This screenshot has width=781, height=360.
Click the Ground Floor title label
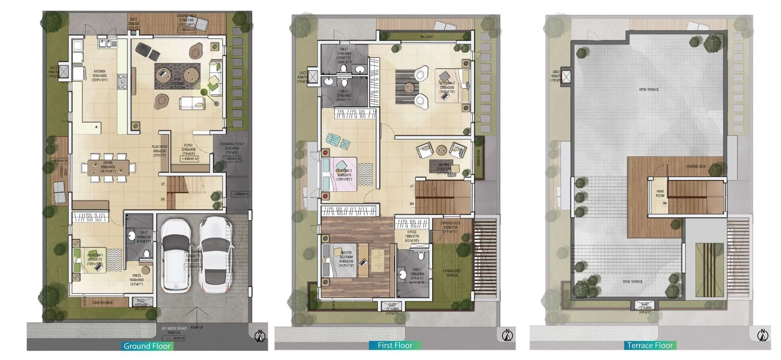pos(147,346)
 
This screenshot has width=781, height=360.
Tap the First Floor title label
pos(395,345)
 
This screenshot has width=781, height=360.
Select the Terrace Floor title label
pos(650,345)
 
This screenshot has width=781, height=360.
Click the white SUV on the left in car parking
pos(176,256)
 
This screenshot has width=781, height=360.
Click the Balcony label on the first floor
pos(426,37)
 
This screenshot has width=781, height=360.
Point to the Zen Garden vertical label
pos(478,158)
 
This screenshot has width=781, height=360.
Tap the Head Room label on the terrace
pos(660,193)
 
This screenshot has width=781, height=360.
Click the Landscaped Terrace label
pos(452,273)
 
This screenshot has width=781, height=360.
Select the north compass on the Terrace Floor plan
pos(762,335)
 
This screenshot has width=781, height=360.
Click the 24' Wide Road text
pos(174,328)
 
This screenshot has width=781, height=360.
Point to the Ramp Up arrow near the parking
pos(197,316)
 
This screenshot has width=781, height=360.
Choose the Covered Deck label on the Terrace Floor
pos(695,166)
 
